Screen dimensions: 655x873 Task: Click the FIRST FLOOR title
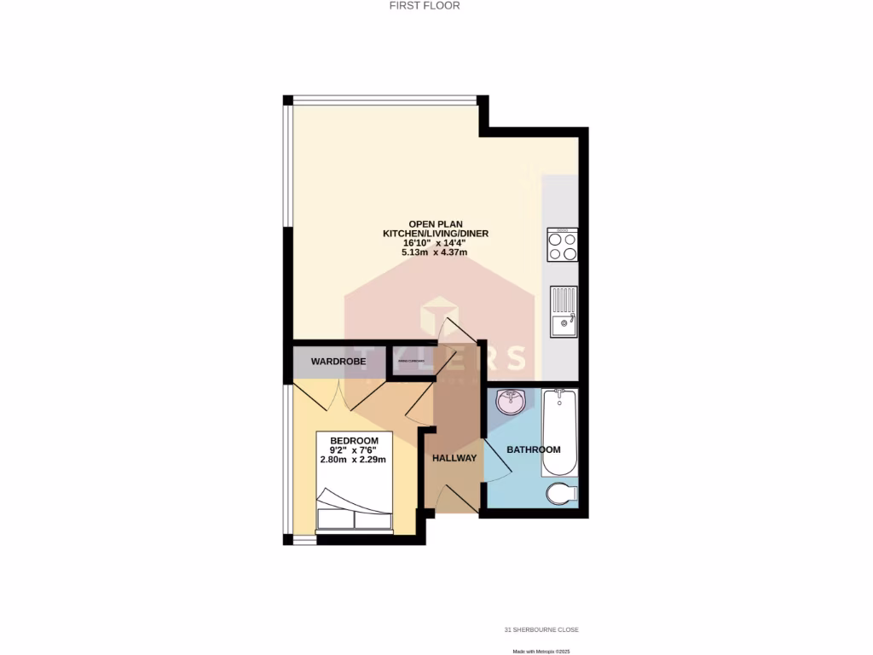pyautogui.click(x=436, y=5)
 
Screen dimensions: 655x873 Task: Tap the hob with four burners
pyautogui.click(x=563, y=246)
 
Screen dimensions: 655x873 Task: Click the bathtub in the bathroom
pyautogui.click(x=560, y=432)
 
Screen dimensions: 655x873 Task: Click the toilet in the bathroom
pyautogui.click(x=563, y=493)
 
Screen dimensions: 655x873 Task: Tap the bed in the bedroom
pyautogui.click(x=354, y=510)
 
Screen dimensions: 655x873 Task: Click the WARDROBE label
pyautogui.click(x=338, y=362)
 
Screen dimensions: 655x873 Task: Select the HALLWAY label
pyautogui.click(x=454, y=458)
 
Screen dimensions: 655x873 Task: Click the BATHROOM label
pyautogui.click(x=534, y=449)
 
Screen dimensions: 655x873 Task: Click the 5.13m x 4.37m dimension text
pyautogui.click(x=435, y=252)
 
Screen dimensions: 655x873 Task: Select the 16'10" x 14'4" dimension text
pyautogui.click(x=435, y=243)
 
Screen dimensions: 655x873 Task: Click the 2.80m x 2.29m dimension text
pyautogui.click(x=353, y=460)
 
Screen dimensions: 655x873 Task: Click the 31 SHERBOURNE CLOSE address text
pyautogui.click(x=541, y=630)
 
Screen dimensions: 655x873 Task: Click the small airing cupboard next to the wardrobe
pyautogui.click(x=410, y=361)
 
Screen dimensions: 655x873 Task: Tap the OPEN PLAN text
pyautogui.click(x=435, y=223)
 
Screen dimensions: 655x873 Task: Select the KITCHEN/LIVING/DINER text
pyautogui.click(x=435, y=233)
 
